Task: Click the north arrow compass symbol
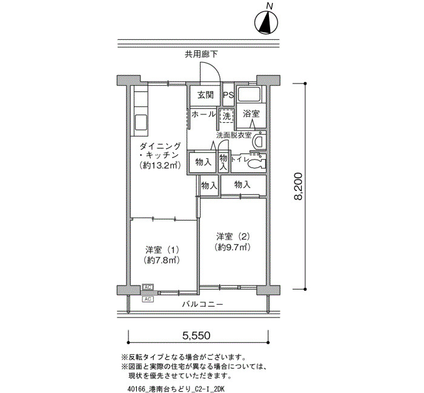(267, 22)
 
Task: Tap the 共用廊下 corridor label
(201, 54)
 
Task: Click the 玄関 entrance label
(205, 95)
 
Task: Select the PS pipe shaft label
(228, 96)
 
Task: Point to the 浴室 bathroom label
(251, 114)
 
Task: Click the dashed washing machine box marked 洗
(227, 116)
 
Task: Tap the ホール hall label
(204, 114)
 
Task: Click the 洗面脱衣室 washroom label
(234, 135)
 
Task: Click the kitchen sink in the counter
(141, 122)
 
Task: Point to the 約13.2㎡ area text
(160, 165)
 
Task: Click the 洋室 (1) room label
(162, 250)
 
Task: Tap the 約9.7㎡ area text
(232, 247)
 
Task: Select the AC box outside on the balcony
(148, 299)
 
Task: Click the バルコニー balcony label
(202, 305)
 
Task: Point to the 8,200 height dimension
(298, 186)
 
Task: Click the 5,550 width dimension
(196, 336)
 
